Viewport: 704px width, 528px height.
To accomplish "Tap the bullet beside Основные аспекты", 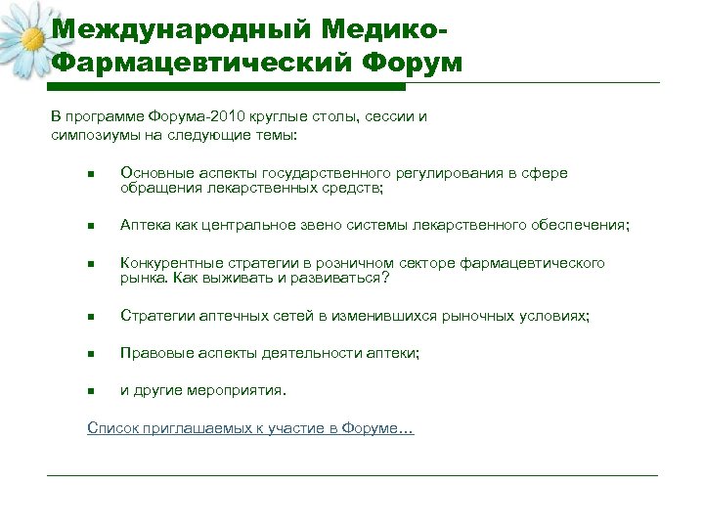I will pyautogui.click(x=89, y=175).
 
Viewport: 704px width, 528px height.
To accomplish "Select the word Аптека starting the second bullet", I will pyautogui.click(x=145, y=225).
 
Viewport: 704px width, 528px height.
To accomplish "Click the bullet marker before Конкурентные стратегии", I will pyautogui.click(x=89, y=264).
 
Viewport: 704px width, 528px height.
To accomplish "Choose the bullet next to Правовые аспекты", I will pyautogui.click(x=89, y=355).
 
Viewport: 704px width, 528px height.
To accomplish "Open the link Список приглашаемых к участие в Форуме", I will pyautogui.click(x=250, y=428).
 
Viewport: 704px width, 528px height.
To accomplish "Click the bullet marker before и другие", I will pyautogui.click(x=89, y=392).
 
